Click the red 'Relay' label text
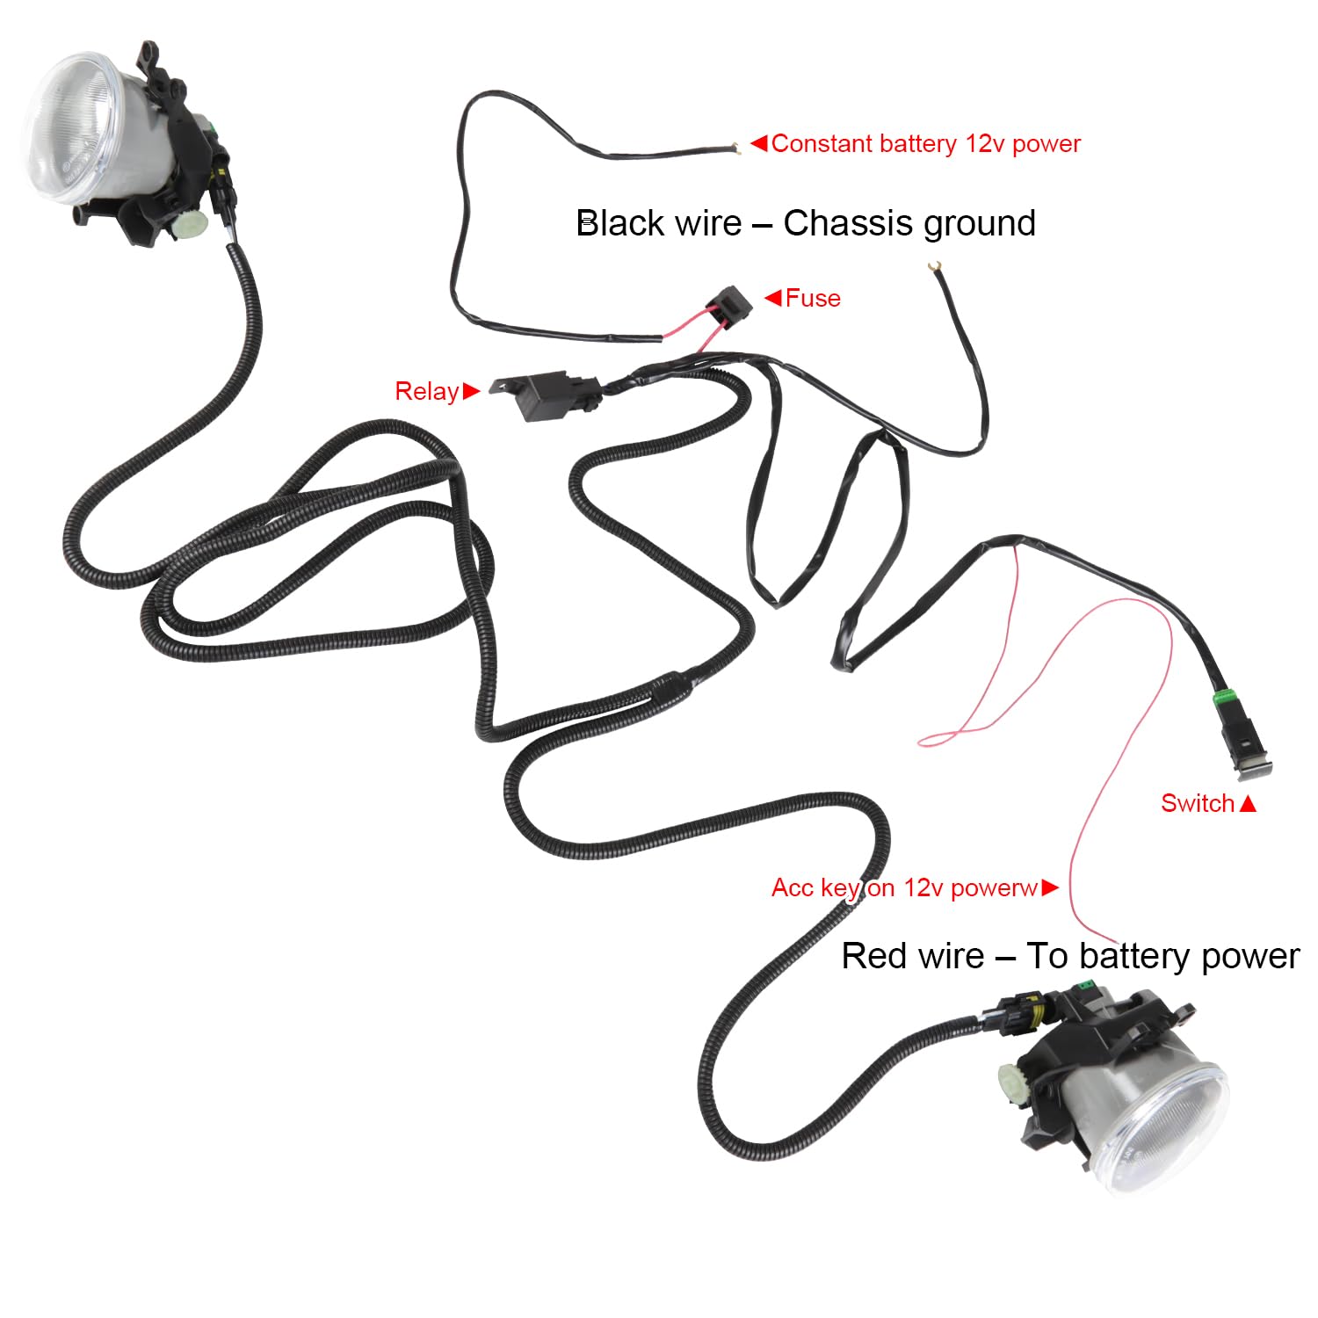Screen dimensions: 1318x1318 [x=427, y=391]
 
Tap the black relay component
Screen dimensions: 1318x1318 [x=549, y=396]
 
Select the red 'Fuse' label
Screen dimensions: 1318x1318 [x=813, y=299]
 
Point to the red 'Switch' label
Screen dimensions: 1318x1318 [x=1198, y=803]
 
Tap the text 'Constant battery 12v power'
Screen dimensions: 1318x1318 [x=925, y=144]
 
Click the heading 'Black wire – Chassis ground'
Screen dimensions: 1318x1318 [x=806, y=223]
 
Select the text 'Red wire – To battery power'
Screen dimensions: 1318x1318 [x=1070, y=956]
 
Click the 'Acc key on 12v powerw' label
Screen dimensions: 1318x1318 [x=905, y=887]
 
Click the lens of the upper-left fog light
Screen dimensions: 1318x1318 [x=70, y=125]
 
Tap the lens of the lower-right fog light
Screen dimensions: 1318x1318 [x=1169, y=1129]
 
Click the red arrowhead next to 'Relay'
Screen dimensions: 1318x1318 [x=471, y=390]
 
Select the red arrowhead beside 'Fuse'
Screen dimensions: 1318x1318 [x=773, y=298]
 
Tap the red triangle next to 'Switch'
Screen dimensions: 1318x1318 [x=1248, y=803]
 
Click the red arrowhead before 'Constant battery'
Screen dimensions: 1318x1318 [x=759, y=142]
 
